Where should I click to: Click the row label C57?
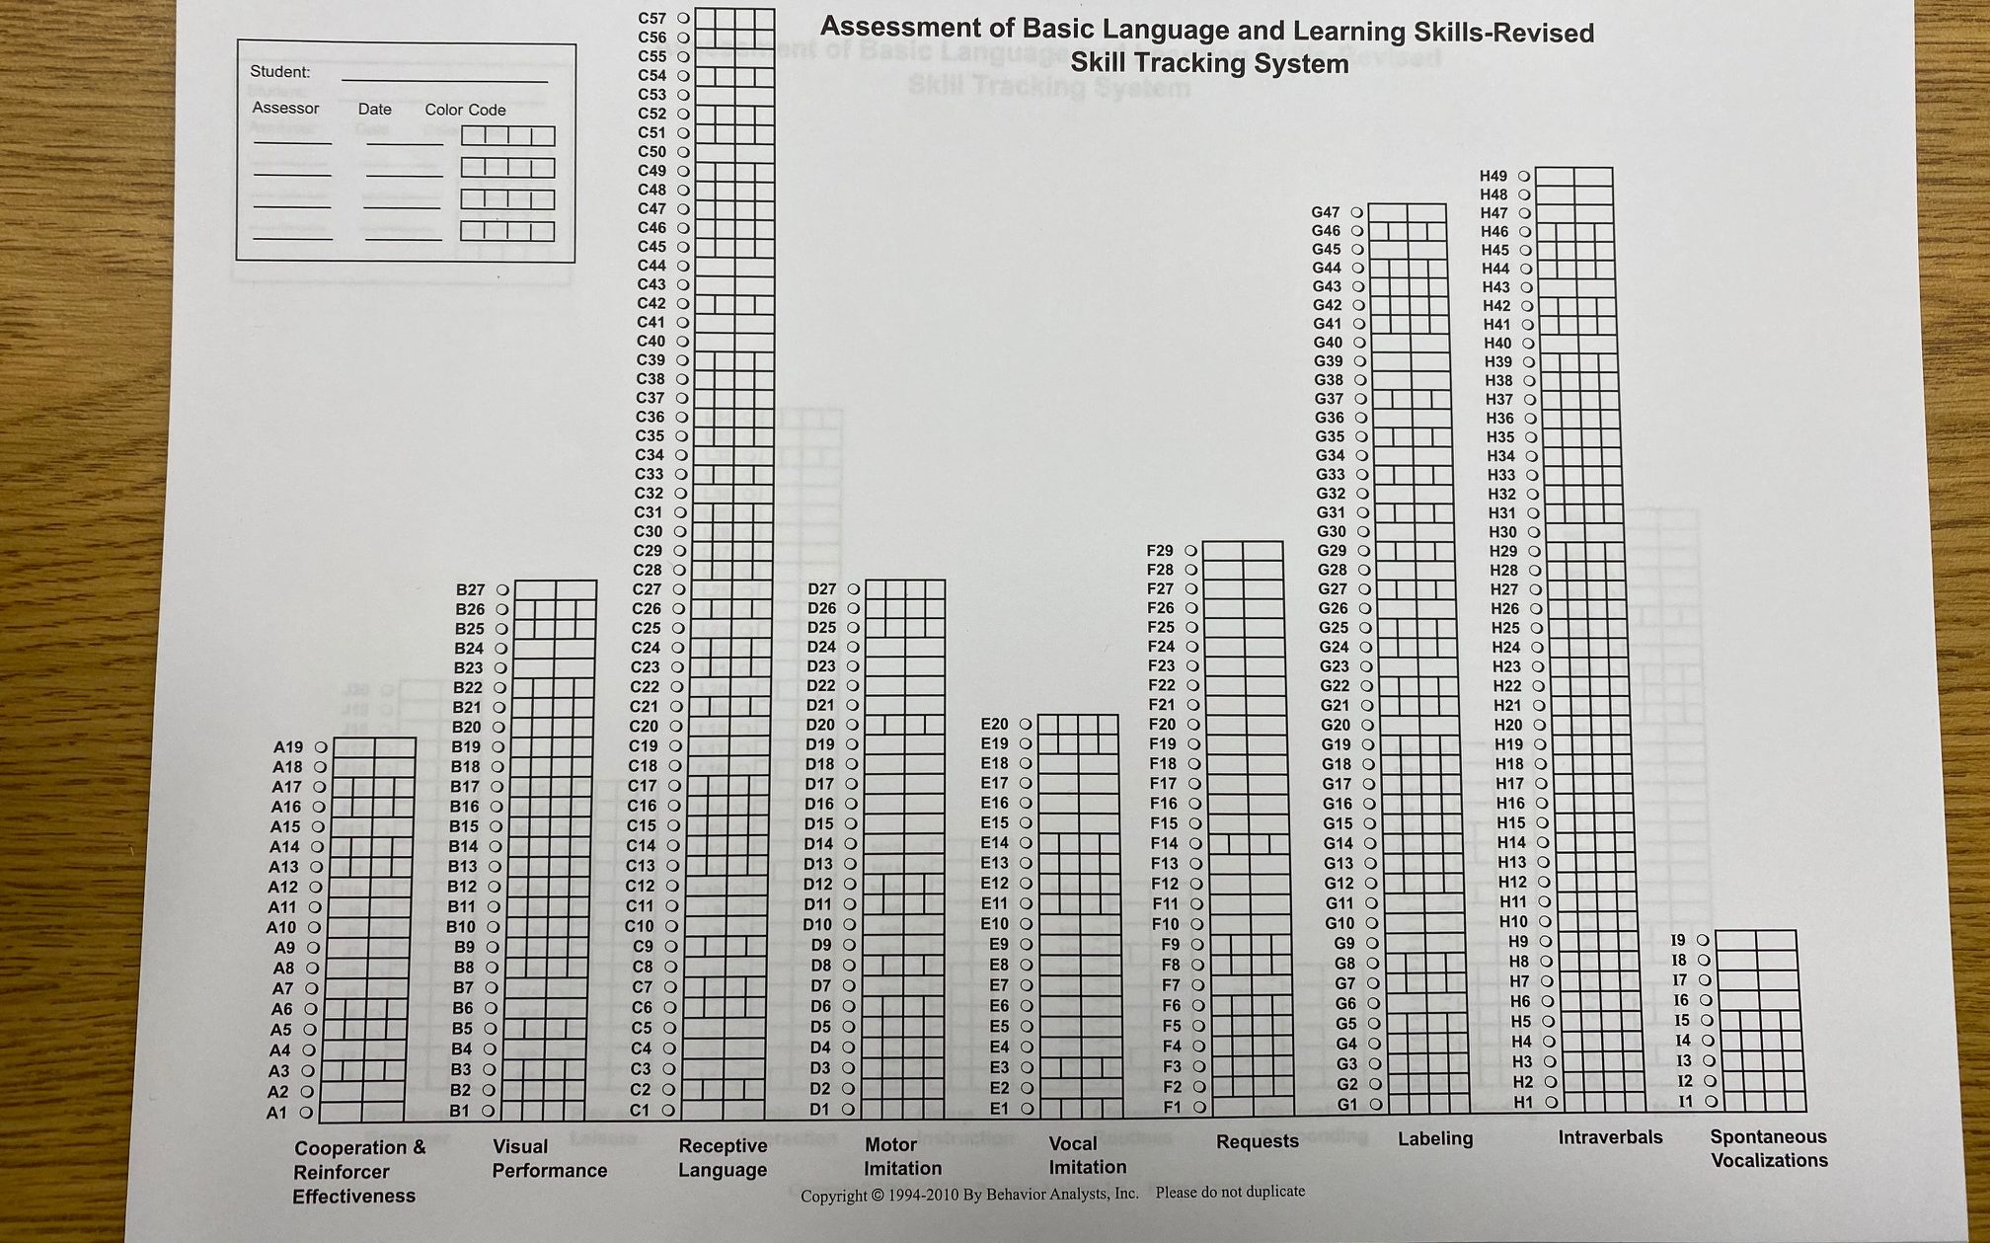[651, 18]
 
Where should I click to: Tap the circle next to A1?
[307, 1112]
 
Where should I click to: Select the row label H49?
[1493, 176]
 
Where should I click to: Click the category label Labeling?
[1434, 1138]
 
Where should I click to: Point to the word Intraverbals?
[1610, 1137]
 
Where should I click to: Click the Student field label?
[279, 71]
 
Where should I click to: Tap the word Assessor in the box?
[285, 108]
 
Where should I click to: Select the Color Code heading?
[465, 110]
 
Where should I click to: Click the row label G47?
[1326, 212]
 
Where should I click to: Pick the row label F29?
[1160, 550]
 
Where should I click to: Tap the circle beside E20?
[1026, 724]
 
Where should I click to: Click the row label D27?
[821, 588]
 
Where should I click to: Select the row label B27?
[470, 589]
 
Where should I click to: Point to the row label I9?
[1678, 940]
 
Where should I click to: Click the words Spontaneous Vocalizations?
[1769, 1148]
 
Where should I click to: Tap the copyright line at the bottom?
[1051, 1194]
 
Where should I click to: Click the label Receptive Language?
[723, 1157]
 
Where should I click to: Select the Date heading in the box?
[374, 109]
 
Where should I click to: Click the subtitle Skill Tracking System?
[1209, 64]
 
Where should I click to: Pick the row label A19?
[287, 747]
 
